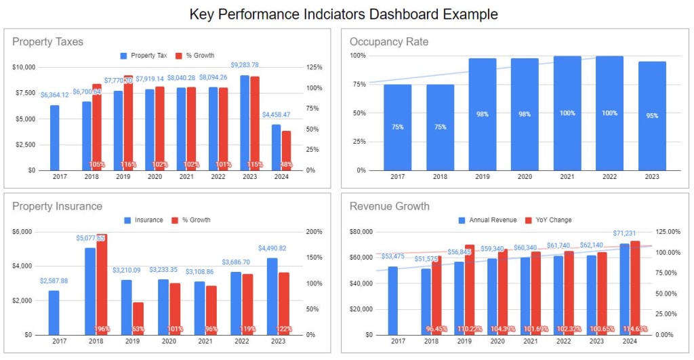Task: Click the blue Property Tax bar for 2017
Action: click(54, 138)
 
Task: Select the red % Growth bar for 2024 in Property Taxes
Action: click(286, 151)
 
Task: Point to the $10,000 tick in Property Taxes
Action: click(24, 67)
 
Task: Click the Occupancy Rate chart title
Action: click(389, 42)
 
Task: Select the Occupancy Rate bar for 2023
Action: click(652, 116)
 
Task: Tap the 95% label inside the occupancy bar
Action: click(652, 116)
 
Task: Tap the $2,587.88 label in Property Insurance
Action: click(54, 281)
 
